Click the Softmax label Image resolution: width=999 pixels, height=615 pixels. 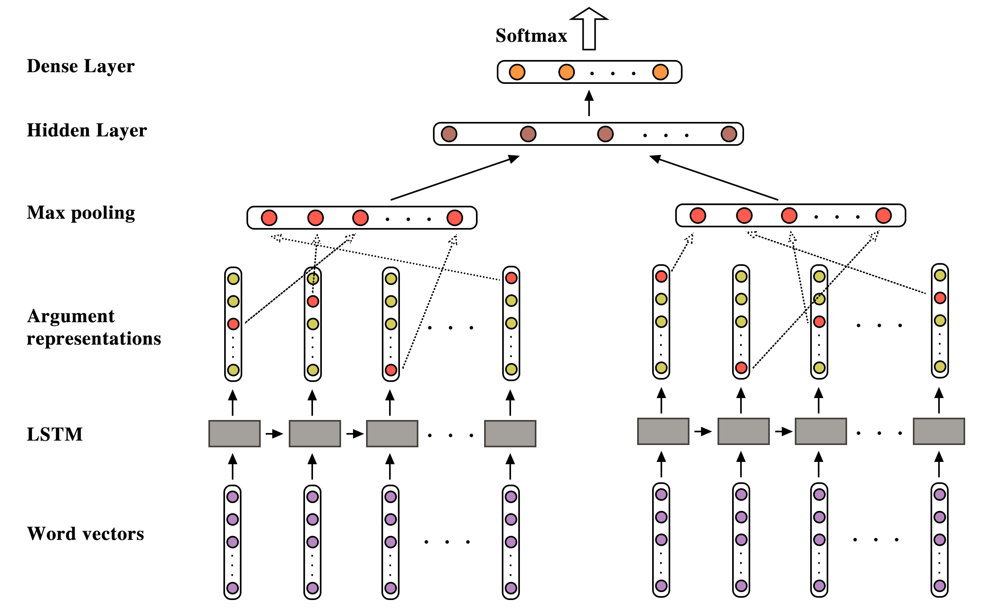[531, 36]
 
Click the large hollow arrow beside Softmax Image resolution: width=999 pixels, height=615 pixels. [589, 29]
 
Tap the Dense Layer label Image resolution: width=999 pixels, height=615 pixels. [80, 66]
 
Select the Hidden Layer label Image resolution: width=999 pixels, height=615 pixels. [87, 130]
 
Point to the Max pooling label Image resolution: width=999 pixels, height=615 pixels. [81, 213]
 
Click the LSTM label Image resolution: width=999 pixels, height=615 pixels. [55, 434]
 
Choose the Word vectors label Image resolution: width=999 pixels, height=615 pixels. [85, 533]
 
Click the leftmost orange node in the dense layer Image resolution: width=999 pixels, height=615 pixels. [517, 72]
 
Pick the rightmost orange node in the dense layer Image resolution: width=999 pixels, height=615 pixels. [660, 72]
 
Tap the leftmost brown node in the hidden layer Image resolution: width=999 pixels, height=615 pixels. [449, 134]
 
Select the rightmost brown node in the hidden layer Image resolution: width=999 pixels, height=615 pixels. [729, 134]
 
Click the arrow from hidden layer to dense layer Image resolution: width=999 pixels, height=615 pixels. [589, 103]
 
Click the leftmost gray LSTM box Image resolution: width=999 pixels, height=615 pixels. [234, 433]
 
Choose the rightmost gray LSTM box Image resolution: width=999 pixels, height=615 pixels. [939, 431]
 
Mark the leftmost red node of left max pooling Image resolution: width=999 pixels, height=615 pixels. [269, 218]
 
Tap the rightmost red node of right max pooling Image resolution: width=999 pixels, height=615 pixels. [883, 215]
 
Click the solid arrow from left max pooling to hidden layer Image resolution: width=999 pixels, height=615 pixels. [455, 178]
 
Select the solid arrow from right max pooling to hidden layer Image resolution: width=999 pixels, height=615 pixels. [714, 178]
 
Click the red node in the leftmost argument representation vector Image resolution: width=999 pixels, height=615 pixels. [233, 324]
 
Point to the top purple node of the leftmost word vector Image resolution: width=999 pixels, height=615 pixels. [233, 497]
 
